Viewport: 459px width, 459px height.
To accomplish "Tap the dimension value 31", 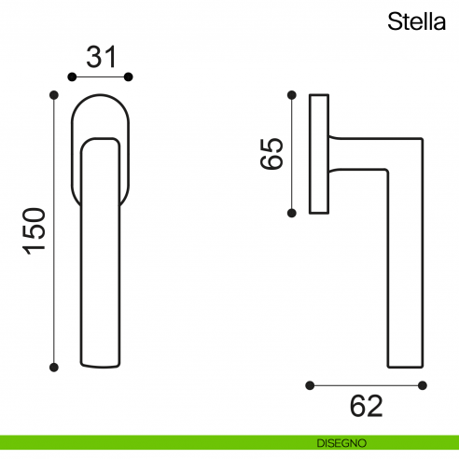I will pos(101,58).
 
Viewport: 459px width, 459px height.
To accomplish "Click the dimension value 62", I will pos(367,406).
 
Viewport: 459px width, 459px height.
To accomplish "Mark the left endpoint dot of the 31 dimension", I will pos(72,76).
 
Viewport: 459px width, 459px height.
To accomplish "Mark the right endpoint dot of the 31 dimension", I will pos(130,76).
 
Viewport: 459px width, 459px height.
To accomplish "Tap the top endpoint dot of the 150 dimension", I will pos(54,95).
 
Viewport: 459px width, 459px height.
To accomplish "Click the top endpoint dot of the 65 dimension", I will pos(293,94).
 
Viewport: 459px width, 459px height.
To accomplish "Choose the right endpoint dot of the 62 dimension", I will pos(424,382).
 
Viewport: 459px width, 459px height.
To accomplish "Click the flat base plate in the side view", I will pos(319,154).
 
